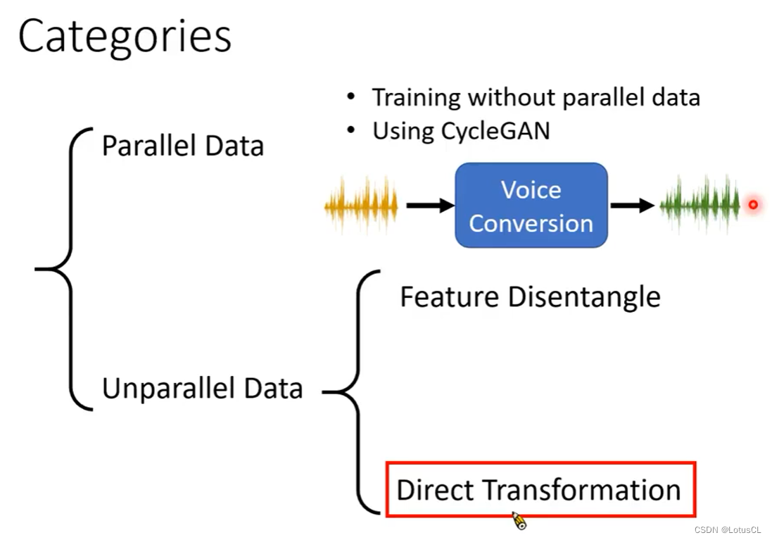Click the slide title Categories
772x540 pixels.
pos(125,37)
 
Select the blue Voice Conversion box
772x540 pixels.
pos(531,206)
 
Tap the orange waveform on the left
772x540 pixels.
pos(361,206)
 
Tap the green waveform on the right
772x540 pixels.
pos(700,205)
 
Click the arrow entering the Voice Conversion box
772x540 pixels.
pos(430,206)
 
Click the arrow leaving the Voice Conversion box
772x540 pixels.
pos(633,206)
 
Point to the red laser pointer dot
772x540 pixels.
pos(752,205)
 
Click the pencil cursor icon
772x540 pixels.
pos(519,521)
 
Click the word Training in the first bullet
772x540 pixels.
pos(416,97)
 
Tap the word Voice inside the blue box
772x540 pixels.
pos(531,190)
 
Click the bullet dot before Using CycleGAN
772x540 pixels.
pos(351,131)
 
